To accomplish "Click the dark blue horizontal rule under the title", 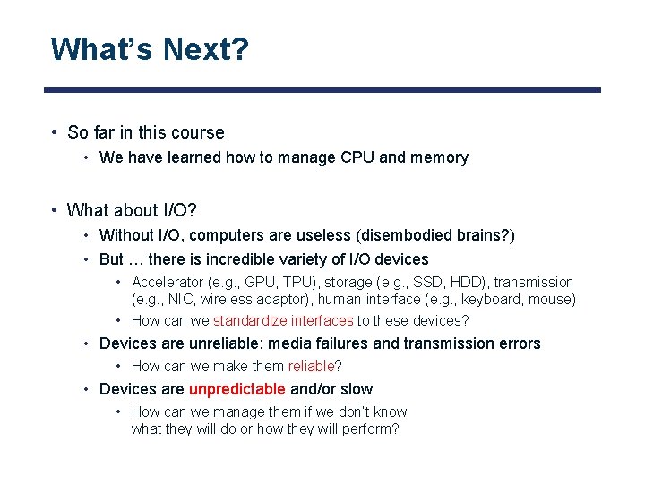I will pyautogui.click(x=322, y=89).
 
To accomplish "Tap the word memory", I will pyautogui.click(x=439, y=157).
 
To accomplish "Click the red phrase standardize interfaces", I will pyautogui.click(x=283, y=320).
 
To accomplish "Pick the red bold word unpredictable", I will pyautogui.click(x=236, y=389).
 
